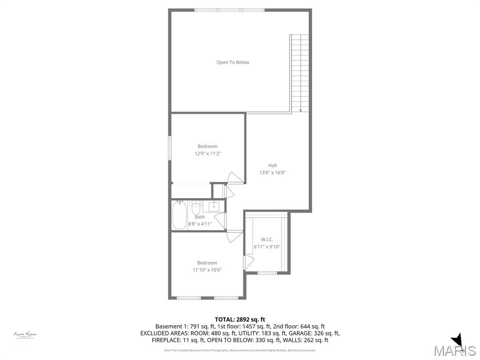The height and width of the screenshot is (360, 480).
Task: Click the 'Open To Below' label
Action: click(232, 62)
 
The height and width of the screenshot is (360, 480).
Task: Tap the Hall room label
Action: click(272, 165)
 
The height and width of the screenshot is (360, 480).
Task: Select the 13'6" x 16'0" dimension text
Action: click(272, 172)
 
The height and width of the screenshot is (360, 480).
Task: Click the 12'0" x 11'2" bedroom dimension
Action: click(207, 153)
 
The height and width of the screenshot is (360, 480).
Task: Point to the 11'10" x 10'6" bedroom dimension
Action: click(207, 270)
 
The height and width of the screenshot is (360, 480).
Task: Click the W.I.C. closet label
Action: click(267, 240)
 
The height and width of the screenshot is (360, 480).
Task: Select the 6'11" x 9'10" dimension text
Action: click(267, 247)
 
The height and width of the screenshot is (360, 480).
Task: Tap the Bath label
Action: click(200, 217)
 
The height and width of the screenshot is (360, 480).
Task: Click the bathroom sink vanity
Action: click(214, 206)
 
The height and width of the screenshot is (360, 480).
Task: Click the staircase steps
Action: click(300, 70)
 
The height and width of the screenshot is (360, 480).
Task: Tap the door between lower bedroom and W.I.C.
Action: click(247, 262)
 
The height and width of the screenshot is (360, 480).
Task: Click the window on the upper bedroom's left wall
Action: click(170, 148)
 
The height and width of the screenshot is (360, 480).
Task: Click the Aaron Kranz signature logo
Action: click(25, 335)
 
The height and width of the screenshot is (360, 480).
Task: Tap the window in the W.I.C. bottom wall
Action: click(267, 273)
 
